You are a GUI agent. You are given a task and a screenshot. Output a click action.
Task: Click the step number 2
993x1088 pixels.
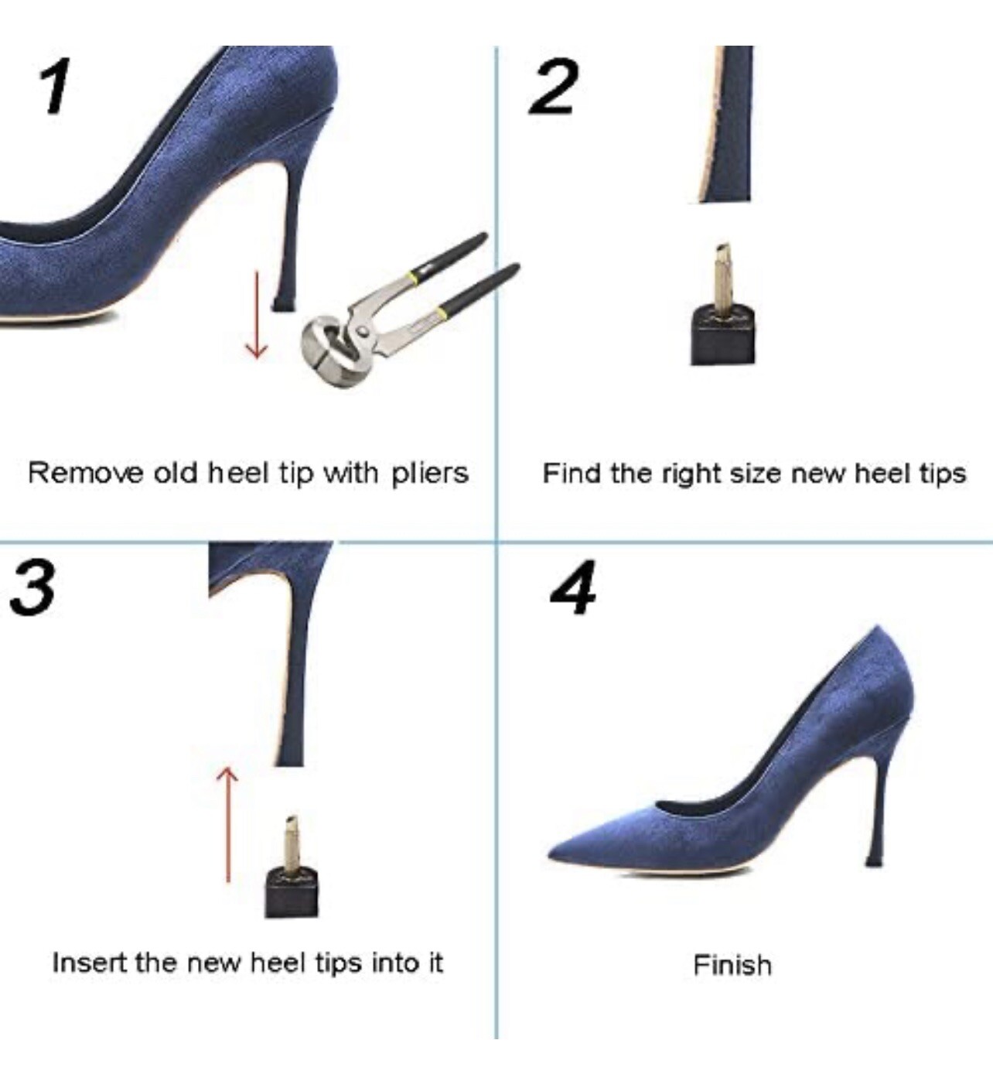click(554, 87)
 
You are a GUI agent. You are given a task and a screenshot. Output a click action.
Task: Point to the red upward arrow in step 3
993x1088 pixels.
click(228, 823)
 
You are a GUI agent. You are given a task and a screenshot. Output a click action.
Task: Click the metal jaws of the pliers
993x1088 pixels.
click(329, 346)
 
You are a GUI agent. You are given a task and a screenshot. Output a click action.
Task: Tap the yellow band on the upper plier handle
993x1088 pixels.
click(418, 275)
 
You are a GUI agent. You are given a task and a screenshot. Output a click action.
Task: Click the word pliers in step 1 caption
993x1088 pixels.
click(430, 473)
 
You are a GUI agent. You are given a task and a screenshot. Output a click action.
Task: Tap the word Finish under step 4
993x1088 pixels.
click(732, 965)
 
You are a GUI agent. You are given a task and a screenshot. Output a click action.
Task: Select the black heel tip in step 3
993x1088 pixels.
click(291, 895)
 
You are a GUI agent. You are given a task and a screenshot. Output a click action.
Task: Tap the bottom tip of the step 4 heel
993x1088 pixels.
click(874, 860)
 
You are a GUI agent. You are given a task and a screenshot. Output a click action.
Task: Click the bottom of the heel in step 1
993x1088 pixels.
click(282, 304)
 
